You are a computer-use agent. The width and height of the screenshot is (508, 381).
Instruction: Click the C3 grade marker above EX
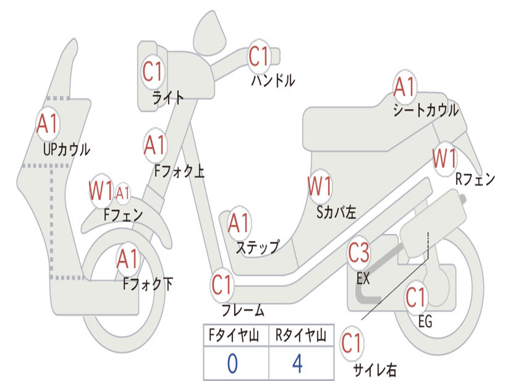coord(359,254)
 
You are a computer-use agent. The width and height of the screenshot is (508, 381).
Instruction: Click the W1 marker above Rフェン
coord(444,159)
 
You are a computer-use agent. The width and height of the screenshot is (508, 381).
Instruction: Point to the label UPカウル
coord(66,149)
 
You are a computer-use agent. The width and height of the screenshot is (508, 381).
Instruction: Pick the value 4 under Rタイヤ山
coord(297,364)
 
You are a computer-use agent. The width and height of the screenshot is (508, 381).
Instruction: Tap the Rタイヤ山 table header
coord(300,337)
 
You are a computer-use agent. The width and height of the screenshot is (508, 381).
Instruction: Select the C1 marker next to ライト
coord(152,72)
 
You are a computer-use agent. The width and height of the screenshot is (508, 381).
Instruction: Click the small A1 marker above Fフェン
coord(123,192)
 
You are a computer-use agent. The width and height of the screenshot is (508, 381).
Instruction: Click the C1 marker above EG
coord(416,298)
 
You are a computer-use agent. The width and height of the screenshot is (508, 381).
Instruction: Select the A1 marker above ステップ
coord(239,224)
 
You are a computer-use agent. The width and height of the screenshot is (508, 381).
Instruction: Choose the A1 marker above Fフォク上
coord(155,145)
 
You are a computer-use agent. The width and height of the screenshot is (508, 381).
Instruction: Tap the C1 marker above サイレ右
coord(352,343)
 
